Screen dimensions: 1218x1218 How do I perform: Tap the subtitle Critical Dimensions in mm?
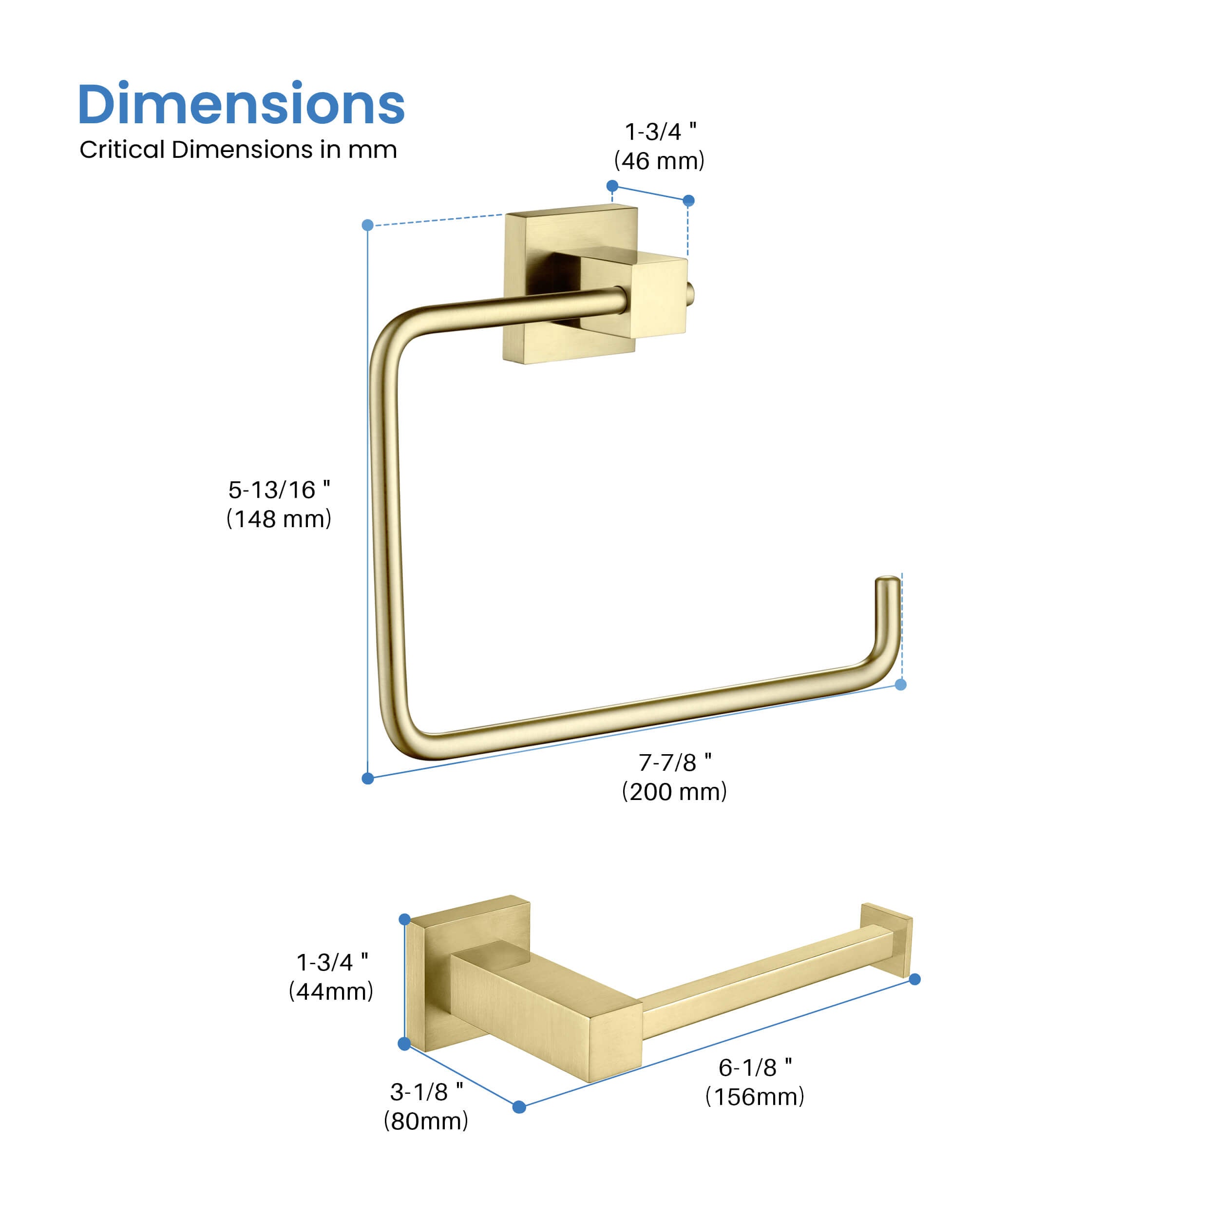(238, 150)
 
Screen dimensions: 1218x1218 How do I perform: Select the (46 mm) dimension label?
(660, 161)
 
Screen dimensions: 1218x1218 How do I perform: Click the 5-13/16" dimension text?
(279, 490)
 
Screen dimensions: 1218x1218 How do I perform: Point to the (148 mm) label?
(279, 519)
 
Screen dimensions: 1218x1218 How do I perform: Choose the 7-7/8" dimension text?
(675, 763)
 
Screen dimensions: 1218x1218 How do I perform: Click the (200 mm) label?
(675, 792)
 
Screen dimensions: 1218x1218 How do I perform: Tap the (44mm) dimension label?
(331, 991)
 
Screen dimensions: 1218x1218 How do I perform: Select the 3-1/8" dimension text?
(426, 1092)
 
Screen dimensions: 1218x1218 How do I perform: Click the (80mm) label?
(426, 1121)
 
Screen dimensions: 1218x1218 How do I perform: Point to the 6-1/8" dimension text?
(755, 1067)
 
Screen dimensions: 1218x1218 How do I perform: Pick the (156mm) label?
(755, 1097)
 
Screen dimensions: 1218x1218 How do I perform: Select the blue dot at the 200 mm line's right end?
(901, 685)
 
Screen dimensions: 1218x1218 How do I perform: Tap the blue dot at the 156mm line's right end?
(915, 979)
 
